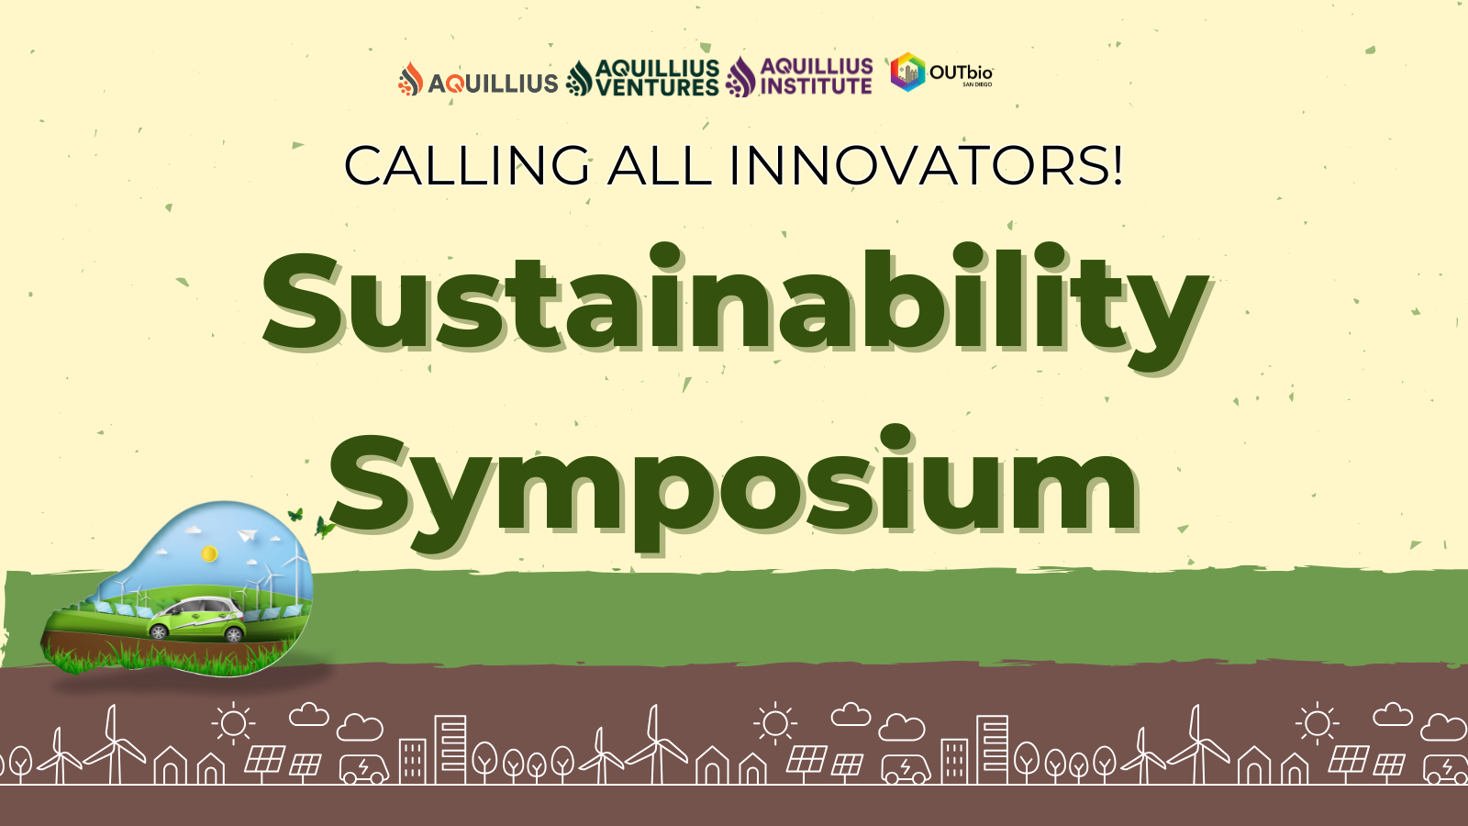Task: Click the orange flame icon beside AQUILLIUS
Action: pyautogui.click(x=410, y=79)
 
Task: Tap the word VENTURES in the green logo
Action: pyautogui.click(x=657, y=87)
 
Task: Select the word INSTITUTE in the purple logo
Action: pyautogui.click(x=816, y=86)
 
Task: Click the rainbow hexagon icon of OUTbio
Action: pyautogui.click(x=907, y=73)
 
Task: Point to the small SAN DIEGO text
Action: pyautogui.click(x=977, y=84)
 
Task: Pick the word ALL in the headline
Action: pyautogui.click(x=660, y=165)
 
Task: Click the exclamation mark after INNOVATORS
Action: pyautogui.click(x=1118, y=165)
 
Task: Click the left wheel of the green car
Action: pyautogui.click(x=160, y=632)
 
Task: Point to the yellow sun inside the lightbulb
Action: pyautogui.click(x=209, y=554)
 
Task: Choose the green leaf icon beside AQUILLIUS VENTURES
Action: pyautogui.click(x=579, y=79)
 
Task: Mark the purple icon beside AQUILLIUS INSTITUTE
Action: pyautogui.click(x=741, y=77)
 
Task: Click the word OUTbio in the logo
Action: pyautogui.click(x=961, y=73)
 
